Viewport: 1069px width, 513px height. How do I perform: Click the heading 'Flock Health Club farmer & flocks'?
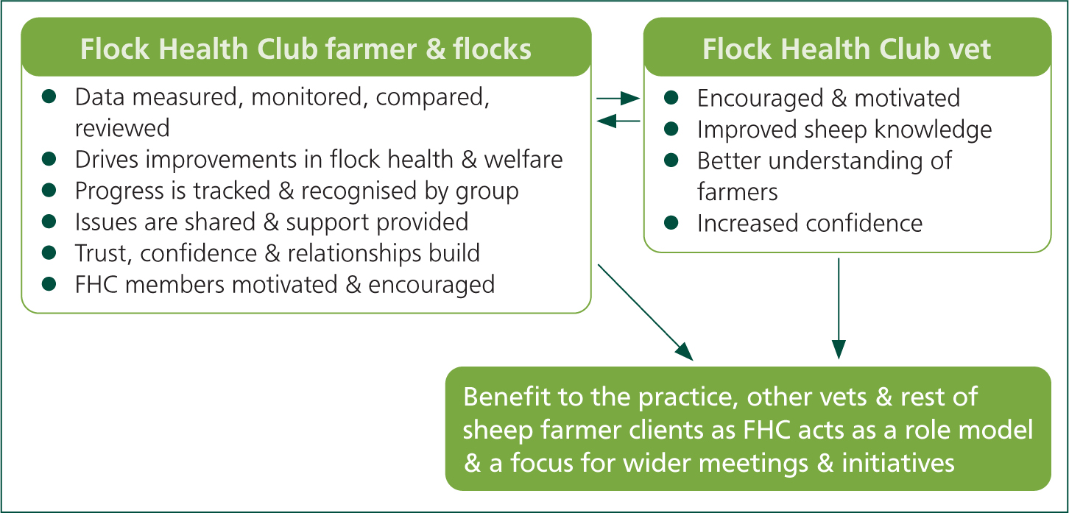click(x=306, y=49)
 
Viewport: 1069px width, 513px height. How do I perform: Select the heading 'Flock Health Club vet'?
click(x=847, y=49)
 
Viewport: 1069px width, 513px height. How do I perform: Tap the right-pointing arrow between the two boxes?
click(x=618, y=99)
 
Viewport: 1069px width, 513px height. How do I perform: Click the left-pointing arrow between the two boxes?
click(x=618, y=121)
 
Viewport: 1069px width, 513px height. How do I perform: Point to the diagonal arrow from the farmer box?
click(x=645, y=312)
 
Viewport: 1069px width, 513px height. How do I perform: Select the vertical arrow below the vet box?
click(x=839, y=308)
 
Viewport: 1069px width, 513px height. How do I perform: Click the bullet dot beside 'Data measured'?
click(x=49, y=96)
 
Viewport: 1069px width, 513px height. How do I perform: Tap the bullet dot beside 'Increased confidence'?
click(x=671, y=222)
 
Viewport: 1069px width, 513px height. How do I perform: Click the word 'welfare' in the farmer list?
click(x=523, y=159)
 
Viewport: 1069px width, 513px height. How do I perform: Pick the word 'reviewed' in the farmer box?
click(x=122, y=128)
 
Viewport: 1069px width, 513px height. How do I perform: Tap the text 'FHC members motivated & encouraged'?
click(x=285, y=284)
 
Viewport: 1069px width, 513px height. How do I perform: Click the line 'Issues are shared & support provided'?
click(x=272, y=222)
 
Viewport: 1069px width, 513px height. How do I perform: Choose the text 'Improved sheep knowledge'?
click(x=844, y=130)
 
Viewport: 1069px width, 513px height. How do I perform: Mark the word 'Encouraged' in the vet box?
click(x=761, y=98)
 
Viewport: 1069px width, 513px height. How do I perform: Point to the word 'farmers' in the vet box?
click(x=737, y=192)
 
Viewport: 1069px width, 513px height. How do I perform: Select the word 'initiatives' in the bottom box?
click(x=898, y=462)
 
